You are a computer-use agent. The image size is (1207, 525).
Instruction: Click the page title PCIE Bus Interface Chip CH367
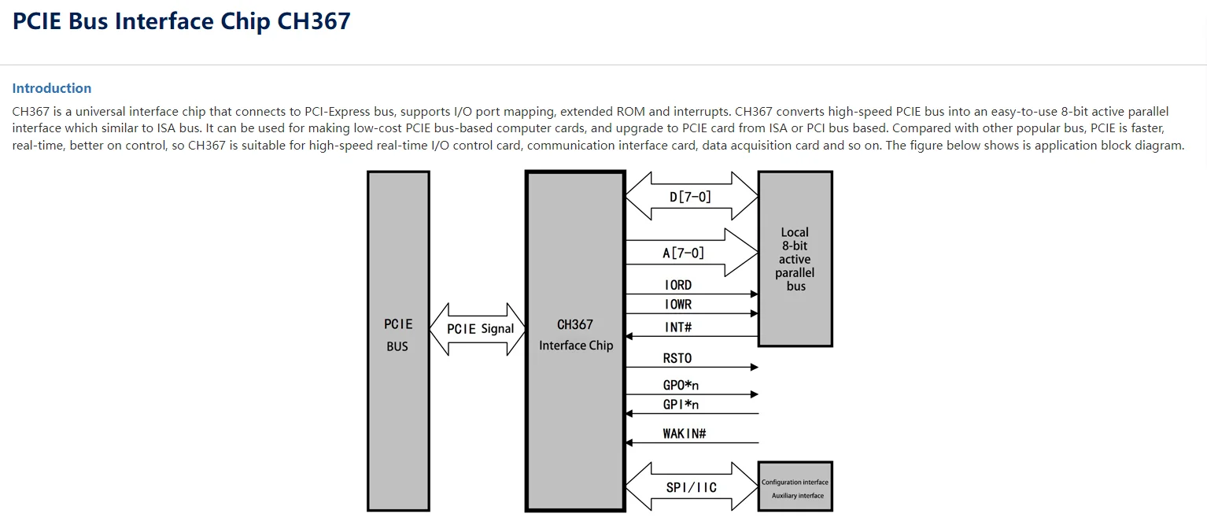(181, 21)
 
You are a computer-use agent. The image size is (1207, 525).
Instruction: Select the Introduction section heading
(52, 88)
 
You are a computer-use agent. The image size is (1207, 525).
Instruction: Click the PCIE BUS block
(398, 340)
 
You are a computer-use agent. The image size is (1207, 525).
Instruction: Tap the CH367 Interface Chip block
(575, 340)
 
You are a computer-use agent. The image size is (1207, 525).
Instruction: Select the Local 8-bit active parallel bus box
(795, 259)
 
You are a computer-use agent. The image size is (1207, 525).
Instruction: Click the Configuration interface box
(795, 482)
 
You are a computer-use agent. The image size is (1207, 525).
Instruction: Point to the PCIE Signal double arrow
(479, 329)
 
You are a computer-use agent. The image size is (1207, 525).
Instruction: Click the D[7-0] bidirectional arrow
(690, 197)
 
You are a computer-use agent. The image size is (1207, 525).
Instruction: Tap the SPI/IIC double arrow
(691, 487)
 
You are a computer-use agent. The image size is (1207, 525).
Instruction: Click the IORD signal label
(678, 285)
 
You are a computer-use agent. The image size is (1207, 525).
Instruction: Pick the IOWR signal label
(678, 304)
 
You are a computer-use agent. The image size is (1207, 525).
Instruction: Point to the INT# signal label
(678, 327)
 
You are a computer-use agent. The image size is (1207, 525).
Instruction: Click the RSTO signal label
(677, 358)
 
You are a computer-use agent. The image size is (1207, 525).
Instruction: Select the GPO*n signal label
(681, 386)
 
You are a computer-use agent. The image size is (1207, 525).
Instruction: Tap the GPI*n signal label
(681, 405)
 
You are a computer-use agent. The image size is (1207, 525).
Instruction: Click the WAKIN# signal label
(685, 434)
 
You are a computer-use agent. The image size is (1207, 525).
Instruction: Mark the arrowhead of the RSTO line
(754, 368)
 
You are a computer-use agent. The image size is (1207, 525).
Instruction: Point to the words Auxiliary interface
(797, 496)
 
